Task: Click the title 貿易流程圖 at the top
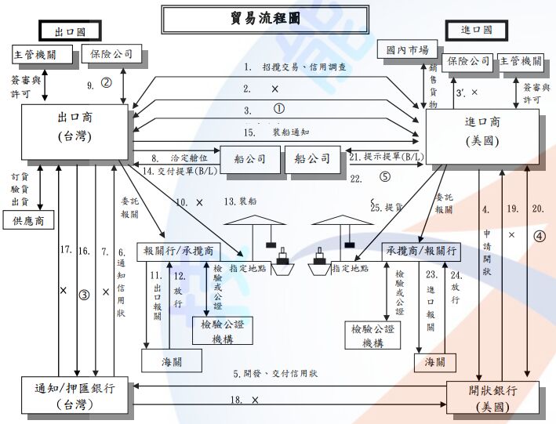point(266,18)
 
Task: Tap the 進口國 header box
point(477,30)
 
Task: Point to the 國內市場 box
point(401,49)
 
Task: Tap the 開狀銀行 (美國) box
point(492,398)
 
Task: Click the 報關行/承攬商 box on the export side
point(179,251)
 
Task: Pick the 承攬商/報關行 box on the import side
point(420,251)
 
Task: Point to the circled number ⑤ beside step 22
point(385,177)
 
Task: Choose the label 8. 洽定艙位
point(171,158)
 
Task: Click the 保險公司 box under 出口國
point(112,54)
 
